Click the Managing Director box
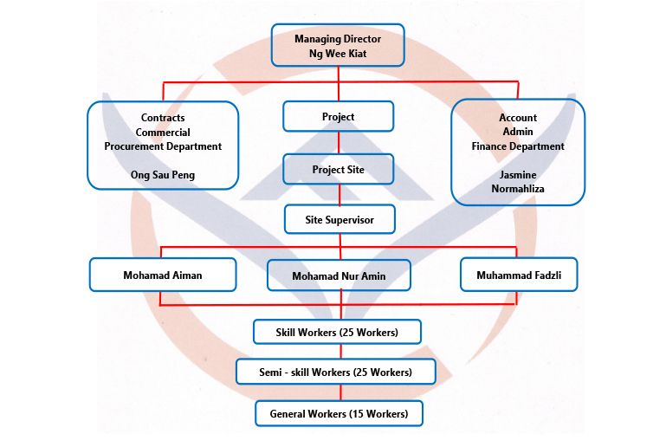(x=337, y=45)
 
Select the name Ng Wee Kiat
(x=338, y=53)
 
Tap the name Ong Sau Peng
(x=163, y=175)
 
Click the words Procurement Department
(x=163, y=146)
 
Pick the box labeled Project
(x=338, y=116)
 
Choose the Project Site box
(x=338, y=170)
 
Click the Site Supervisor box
(x=339, y=220)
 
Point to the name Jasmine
(x=518, y=175)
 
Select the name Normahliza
(x=518, y=188)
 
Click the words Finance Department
(x=518, y=146)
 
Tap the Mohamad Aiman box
(x=163, y=275)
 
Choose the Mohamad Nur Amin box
(x=339, y=276)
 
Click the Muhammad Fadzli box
(x=518, y=275)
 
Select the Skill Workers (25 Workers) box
(x=337, y=333)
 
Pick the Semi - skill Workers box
(x=337, y=372)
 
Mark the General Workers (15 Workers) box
(x=339, y=414)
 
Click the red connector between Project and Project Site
(x=339, y=142)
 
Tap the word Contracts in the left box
(x=163, y=118)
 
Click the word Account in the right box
(x=518, y=118)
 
